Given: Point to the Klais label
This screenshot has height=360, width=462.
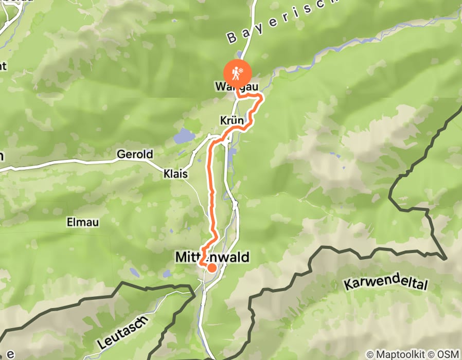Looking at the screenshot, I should [176, 174].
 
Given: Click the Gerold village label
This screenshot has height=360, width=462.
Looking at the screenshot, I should [135, 154].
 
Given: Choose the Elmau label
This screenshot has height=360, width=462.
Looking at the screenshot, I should [82, 222].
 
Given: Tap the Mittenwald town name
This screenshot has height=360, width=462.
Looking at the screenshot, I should [212, 257].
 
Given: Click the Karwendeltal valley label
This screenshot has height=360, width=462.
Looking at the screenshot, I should [386, 284].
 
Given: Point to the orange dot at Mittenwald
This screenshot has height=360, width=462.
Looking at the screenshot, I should [211, 267].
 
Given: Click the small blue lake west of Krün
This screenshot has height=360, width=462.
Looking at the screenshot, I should [184, 136].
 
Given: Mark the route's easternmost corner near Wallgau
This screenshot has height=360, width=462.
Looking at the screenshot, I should [262, 96].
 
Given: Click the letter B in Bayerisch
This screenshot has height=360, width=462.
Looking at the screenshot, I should [231, 38].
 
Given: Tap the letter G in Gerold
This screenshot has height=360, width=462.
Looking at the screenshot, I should [121, 154].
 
